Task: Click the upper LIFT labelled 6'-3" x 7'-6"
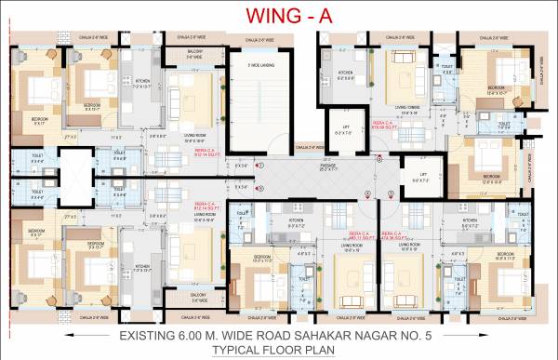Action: coord(344,131)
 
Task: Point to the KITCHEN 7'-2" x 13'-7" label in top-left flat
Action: coord(142,83)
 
